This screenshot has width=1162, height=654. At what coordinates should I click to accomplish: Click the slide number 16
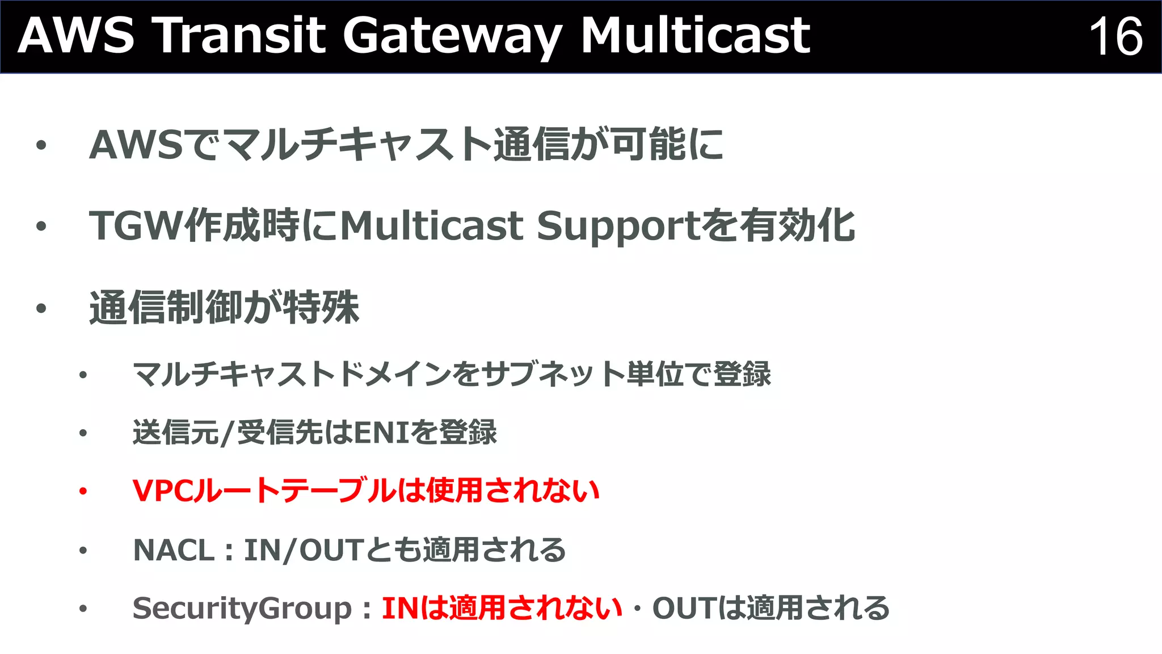[x=1115, y=36]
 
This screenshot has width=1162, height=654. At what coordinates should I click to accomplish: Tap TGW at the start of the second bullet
[x=136, y=226]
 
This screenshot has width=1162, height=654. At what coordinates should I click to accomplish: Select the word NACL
[x=174, y=550]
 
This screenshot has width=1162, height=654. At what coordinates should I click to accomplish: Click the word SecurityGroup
[x=242, y=609]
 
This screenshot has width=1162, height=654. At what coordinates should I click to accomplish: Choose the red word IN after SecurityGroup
[x=401, y=608]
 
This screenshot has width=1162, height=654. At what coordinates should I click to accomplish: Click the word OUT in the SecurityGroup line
[x=685, y=608]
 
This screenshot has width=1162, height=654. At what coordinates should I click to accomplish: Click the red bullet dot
[x=83, y=491]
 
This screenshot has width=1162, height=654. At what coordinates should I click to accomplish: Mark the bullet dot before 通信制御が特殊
[x=41, y=309]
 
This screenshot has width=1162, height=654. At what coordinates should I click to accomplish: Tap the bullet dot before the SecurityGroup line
[x=83, y=609]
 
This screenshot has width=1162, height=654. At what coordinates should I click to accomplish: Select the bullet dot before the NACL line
[x=83, y=550]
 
